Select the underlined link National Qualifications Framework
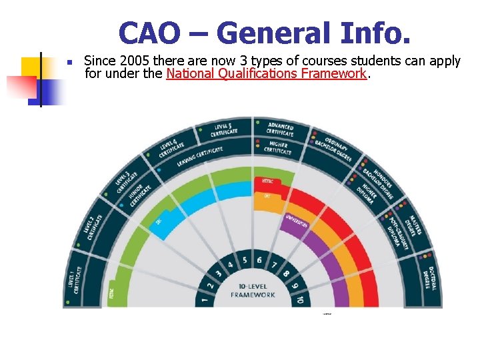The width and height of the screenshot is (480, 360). click(266, 74)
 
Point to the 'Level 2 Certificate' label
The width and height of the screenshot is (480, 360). click(93, 227)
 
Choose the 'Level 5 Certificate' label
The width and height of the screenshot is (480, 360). click(225, 129)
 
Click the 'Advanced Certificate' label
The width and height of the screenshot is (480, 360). click(280, 129)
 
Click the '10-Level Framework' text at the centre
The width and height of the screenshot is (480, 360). click(253, 291)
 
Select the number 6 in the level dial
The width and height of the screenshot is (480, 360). click(259, 259)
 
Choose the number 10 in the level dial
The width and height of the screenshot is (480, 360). click(300, 301)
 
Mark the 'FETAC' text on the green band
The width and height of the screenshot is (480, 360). click(111, 293)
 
